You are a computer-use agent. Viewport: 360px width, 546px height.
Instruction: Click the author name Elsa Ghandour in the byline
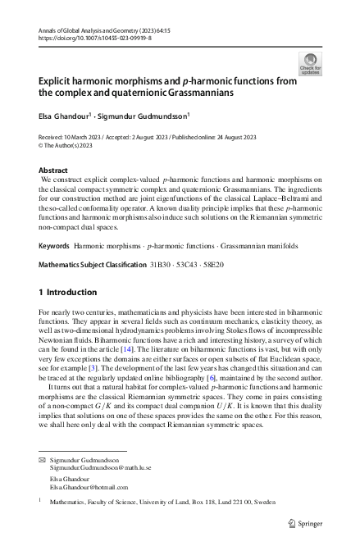click(x=65, y=116)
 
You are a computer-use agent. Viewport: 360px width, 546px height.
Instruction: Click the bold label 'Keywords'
click(x=54, y=245)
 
